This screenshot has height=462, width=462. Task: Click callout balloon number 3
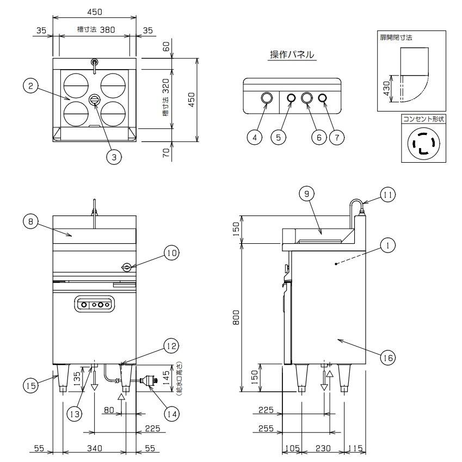[114, 157]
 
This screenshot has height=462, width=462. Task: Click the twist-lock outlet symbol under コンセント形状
[422, 145]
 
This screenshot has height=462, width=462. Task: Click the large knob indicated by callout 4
[267, 98]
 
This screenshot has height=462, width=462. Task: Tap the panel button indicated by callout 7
[323, 98]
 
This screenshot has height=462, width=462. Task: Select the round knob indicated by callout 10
[126, 267]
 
